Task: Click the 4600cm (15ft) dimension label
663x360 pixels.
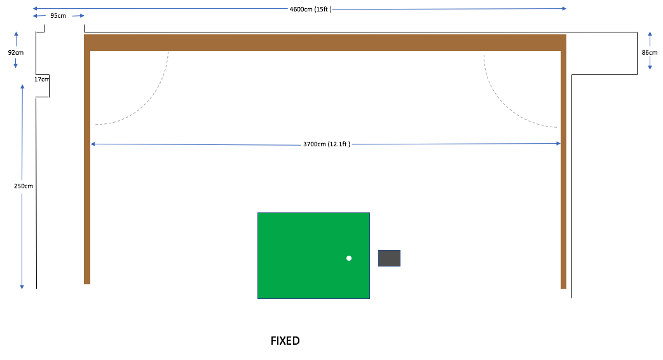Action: (310, 10)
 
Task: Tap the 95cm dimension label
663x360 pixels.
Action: (58, 16)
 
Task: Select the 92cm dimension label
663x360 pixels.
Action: (16, 52)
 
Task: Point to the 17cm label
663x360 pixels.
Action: (42, 79)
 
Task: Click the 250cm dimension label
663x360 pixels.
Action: (24, 186)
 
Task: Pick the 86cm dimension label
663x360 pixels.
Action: (650, 52)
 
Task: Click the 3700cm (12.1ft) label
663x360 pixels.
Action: (327, 144)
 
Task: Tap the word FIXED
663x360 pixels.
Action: (285, 341)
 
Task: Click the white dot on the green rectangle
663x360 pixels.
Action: (349, 258)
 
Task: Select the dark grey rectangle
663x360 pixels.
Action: (390, 258)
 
